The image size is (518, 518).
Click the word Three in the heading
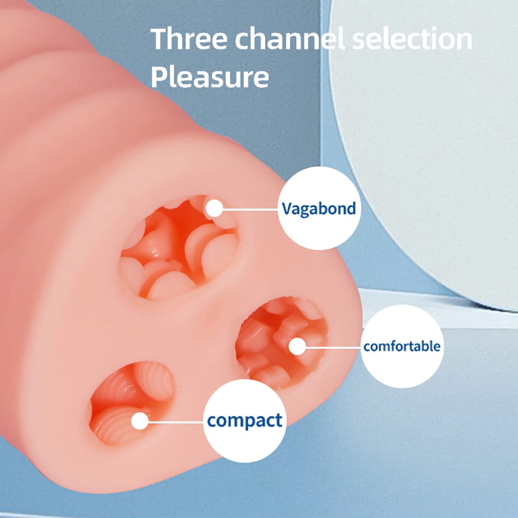[x=189, y=39]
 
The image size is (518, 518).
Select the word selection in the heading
[x=412, y=39]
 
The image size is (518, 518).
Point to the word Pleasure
[x=210, y=77]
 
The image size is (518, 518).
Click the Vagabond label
[x=319, y=208]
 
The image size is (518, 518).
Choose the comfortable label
[x=402, y=346]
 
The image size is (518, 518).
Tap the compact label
[x=244, y=421]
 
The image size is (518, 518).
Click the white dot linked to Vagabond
[x=215, y=208]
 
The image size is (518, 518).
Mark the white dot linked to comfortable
[x=296, y=347]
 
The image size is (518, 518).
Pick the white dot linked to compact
[x=139, y=421]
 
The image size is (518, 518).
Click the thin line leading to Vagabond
[x=250, y=209]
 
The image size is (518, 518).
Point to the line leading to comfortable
[x=332, y=347]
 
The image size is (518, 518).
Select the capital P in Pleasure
[x=159, y=76]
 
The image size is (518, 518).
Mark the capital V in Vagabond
[x=288, y=208]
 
